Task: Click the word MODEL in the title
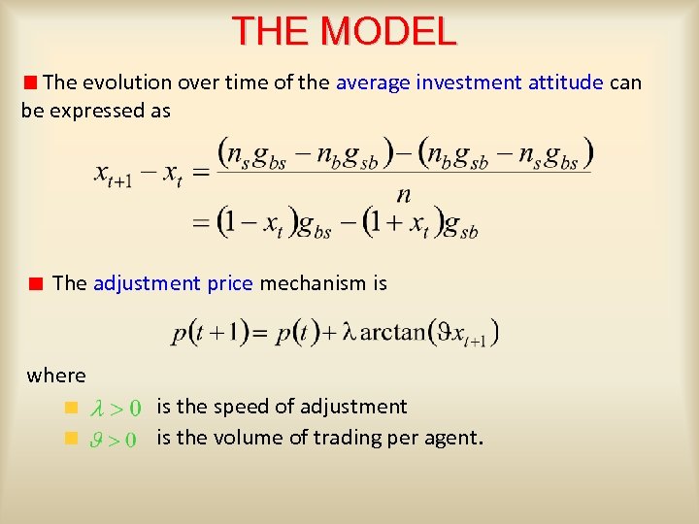pos(388,32)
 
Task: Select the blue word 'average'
pos(373,82)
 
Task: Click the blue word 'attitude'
pos(566,82)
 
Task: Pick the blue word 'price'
pos(230,283)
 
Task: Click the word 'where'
pos(56,375)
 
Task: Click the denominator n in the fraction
pos(404,194)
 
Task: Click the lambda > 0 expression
pos(115,408)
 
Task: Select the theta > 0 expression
pos(115,439)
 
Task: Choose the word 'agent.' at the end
pos(450,439)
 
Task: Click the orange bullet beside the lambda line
pos(70,407)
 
